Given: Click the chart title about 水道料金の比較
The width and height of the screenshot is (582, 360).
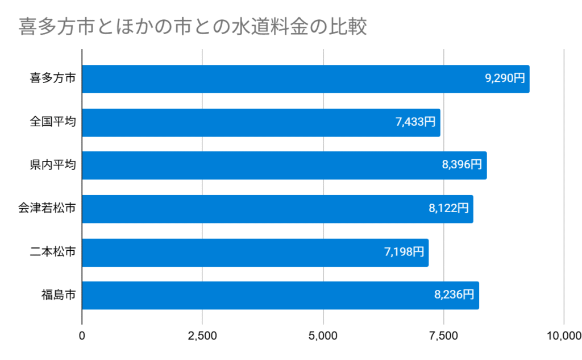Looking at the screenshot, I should click(x=193, y=27).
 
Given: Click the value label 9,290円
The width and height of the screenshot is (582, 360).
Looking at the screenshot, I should click(x=505, y=78).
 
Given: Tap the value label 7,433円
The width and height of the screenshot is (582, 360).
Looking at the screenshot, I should click(x=415, y=122).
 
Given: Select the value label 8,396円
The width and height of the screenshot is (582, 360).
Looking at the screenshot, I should click(x=462, y=165).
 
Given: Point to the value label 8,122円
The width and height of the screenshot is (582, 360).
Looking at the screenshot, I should click(x=448, y=208).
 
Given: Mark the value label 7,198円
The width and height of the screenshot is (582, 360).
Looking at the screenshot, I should click(x=404, y=251).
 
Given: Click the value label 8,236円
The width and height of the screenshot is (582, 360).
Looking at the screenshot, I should click(x=454, y=295).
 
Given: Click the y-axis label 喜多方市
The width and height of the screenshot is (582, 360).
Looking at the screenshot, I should click(x=52, y=79).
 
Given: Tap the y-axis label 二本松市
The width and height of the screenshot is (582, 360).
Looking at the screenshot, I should click(x=52, y=252).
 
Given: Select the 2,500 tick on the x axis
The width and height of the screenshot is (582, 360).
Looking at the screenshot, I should click(x=202, y=336).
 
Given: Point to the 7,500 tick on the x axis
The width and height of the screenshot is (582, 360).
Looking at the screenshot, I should click(x=443, y=336).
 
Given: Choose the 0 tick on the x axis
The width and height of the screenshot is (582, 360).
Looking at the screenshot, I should click(x=82, y=336).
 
